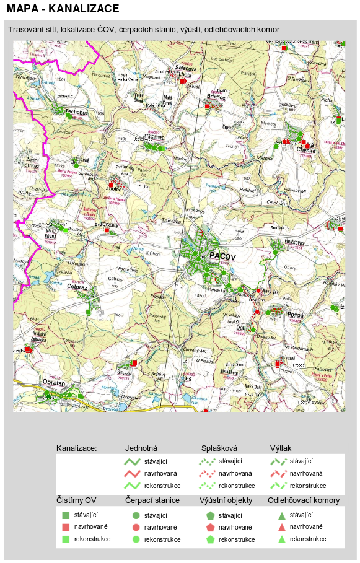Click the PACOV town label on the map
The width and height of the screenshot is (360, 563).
click(x=224, y=255)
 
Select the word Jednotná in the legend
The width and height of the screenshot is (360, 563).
click(x=141, y=447)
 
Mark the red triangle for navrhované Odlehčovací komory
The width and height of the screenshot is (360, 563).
click(x=281, y=527)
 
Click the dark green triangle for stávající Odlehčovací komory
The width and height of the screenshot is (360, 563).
click(x=281, y=515)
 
